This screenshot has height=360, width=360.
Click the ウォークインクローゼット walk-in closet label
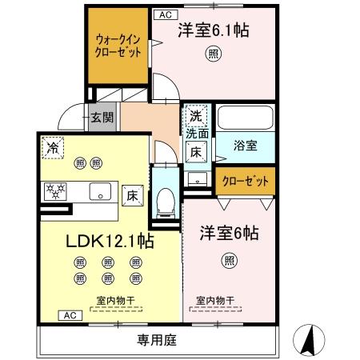118,45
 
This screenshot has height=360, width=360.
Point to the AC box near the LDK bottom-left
69,315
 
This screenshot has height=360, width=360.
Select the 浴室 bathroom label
245,146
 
